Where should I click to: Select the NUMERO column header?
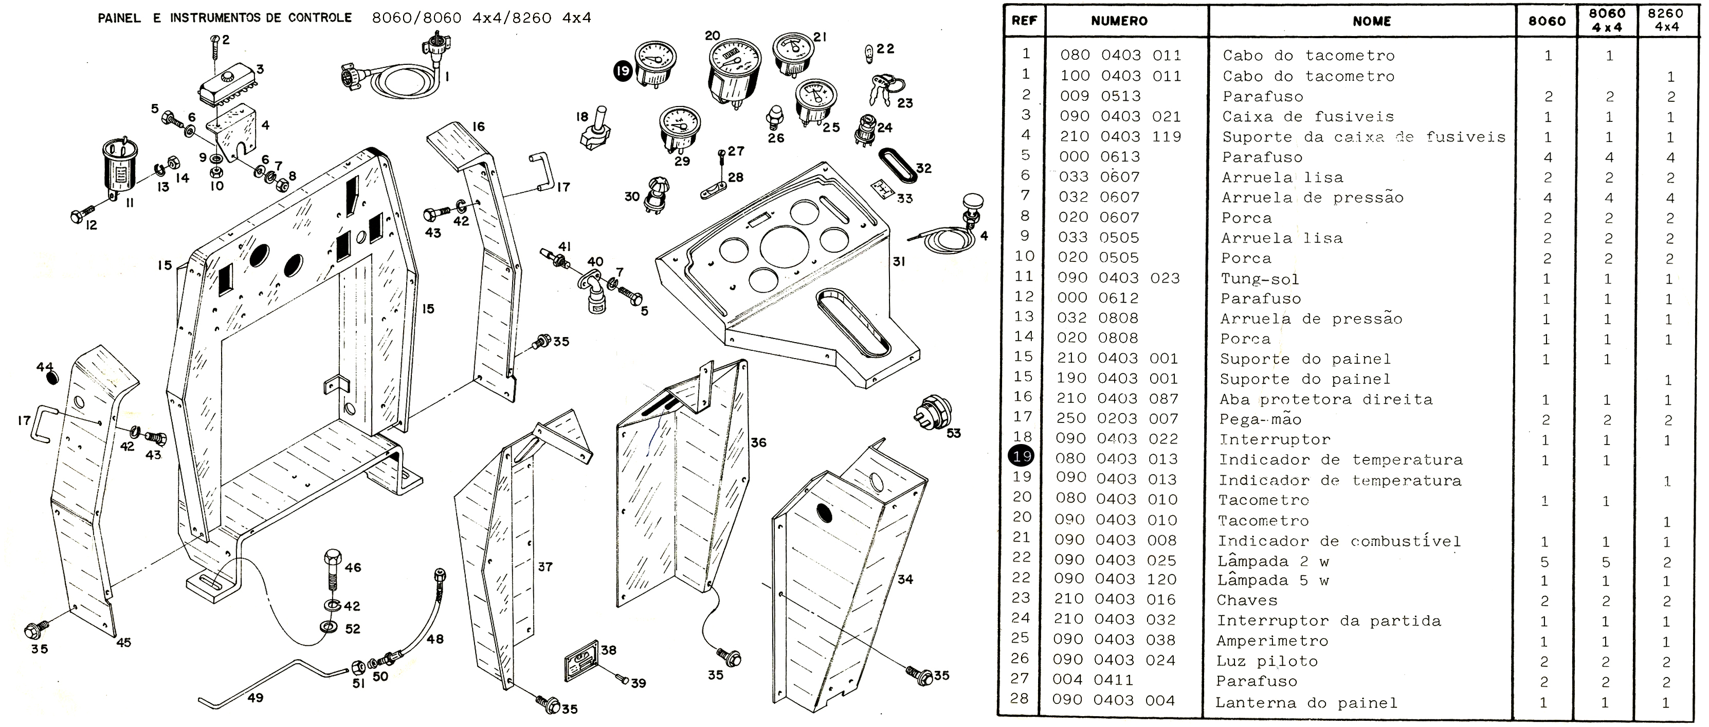(x=1119, y=21)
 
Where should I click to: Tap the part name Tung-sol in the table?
(x=1260, y=279)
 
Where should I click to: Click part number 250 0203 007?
(x=1117, y=419)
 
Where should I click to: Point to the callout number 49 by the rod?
(x=256, y=698)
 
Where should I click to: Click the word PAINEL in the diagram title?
(x=119, y=19)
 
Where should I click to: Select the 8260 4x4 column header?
(x=1665, y=21)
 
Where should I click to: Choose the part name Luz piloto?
(x=1266, y=661)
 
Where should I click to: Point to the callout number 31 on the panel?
(x=899, y=261)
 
